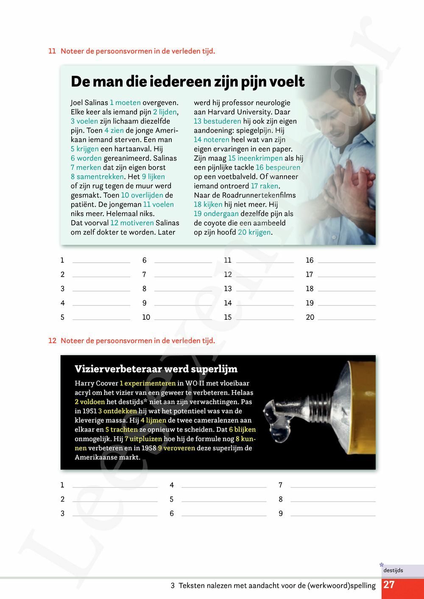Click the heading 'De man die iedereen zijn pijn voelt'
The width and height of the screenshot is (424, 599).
187,82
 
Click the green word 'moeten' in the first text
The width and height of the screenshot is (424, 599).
128,103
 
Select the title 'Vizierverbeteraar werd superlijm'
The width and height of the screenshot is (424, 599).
156,369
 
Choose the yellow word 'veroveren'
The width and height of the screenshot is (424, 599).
179,448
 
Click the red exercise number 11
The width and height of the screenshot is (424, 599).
52,51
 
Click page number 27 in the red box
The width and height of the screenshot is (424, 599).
389,585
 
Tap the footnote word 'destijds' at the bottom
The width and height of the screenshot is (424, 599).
393,570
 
